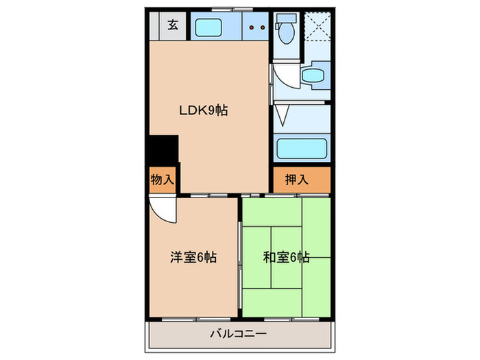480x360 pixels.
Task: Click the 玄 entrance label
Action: (x=173, y=26)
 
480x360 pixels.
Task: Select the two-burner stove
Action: (x=256, y=28)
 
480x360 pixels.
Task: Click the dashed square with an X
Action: (x=316, y=27)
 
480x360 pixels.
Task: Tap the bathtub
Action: (x=302, y=148)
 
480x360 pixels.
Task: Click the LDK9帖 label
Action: (x=204, y=110)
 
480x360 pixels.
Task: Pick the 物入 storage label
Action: (x=162, y=180)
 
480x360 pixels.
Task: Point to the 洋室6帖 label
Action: (x=194, y=258)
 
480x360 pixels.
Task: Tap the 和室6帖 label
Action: (x=286, y=258)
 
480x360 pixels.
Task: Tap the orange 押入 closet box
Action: (x=302, y=180)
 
